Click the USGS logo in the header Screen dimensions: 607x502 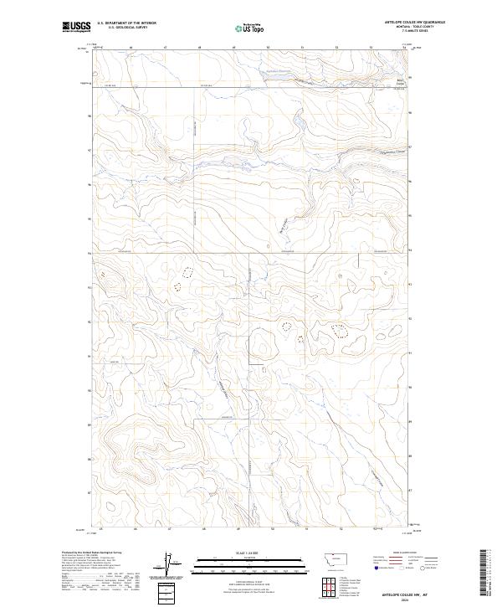pyautogui.click(x=76, y=27)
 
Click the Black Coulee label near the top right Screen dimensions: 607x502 pyautogui.click(x=400, y=82)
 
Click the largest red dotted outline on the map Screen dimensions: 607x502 pyautogui.click(x=339, y=331)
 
